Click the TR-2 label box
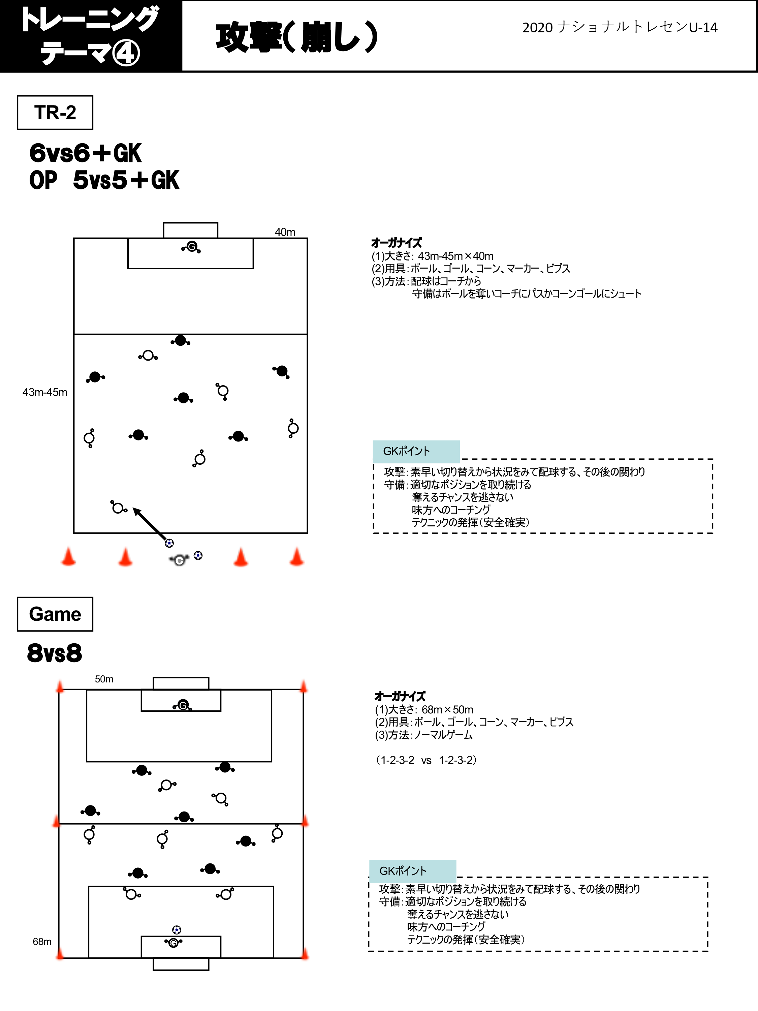tap(55, 113)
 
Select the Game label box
tap(55, 614)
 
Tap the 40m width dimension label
tap(285, 232)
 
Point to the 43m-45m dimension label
tap(45, 392)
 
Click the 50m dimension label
tap(104, 679)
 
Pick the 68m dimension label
tap(42, 942)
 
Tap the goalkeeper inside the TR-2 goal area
tap(191, 247)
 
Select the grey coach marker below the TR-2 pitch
tap(179, 560)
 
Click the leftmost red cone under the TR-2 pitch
tap(68, 557)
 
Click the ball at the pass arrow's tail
tap(169, 543)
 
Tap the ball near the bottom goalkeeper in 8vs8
tap(177, 930)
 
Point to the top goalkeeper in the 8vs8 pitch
tap(183, 705)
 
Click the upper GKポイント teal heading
tap(416, 451)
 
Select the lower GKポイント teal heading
tap(412, 871)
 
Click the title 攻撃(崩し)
tap(297, 36)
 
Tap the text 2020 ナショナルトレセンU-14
tap(620, 27)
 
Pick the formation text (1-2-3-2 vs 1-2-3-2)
tap(426, 760)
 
